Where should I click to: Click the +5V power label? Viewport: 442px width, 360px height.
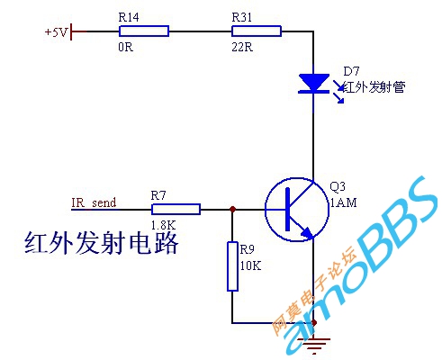(x=57, y=31)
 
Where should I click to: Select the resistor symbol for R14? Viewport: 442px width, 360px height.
(x=144, y=31)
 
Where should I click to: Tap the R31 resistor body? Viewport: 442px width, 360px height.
(x=257, y=31)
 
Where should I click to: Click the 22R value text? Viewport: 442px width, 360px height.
(x=242, y=47)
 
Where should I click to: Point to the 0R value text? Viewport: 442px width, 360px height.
(x=125, y=47)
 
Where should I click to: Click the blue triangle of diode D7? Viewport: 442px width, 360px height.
(x=314, y=81)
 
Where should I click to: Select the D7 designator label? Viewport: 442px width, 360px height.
(x=351, y=71)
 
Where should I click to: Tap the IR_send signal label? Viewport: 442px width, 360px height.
(x=94, y=202)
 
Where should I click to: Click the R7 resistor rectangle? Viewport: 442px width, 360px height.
(x=176, y=210)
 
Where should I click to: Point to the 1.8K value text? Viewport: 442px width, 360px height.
(x=163, y=225)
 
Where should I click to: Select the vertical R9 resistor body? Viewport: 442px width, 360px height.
(x=232, y=266)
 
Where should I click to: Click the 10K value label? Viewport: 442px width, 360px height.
(x=250, y=265)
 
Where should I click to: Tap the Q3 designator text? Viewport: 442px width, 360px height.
(x=338, y=186)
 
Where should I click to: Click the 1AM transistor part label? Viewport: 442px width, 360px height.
(x=344, y=202)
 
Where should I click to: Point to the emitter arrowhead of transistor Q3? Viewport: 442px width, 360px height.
(x=308, y=233)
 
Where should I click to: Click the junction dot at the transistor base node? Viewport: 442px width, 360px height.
(x=232, y=209)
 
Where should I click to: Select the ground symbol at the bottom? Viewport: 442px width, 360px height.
(x=314, y=345)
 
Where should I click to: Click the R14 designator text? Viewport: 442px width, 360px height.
(x=129, y=17)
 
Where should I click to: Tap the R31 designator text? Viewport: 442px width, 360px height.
(x=241, y=17)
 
